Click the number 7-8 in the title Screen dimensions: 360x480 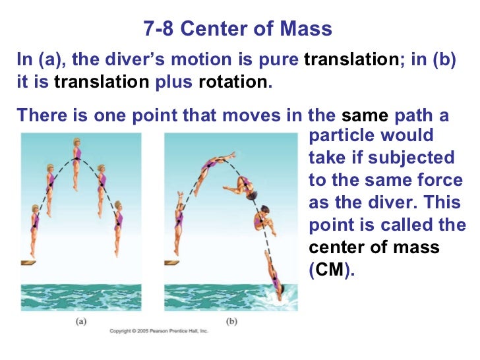coord(158,30)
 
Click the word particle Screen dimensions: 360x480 coord(340,136)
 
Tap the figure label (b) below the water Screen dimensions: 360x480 coord(231,322)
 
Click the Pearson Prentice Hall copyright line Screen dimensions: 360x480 coord(158,330)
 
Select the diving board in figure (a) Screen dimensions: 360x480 coord(28,262)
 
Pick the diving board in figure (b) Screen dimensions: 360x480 coord(173,262)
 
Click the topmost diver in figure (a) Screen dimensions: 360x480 coord(76,162)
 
